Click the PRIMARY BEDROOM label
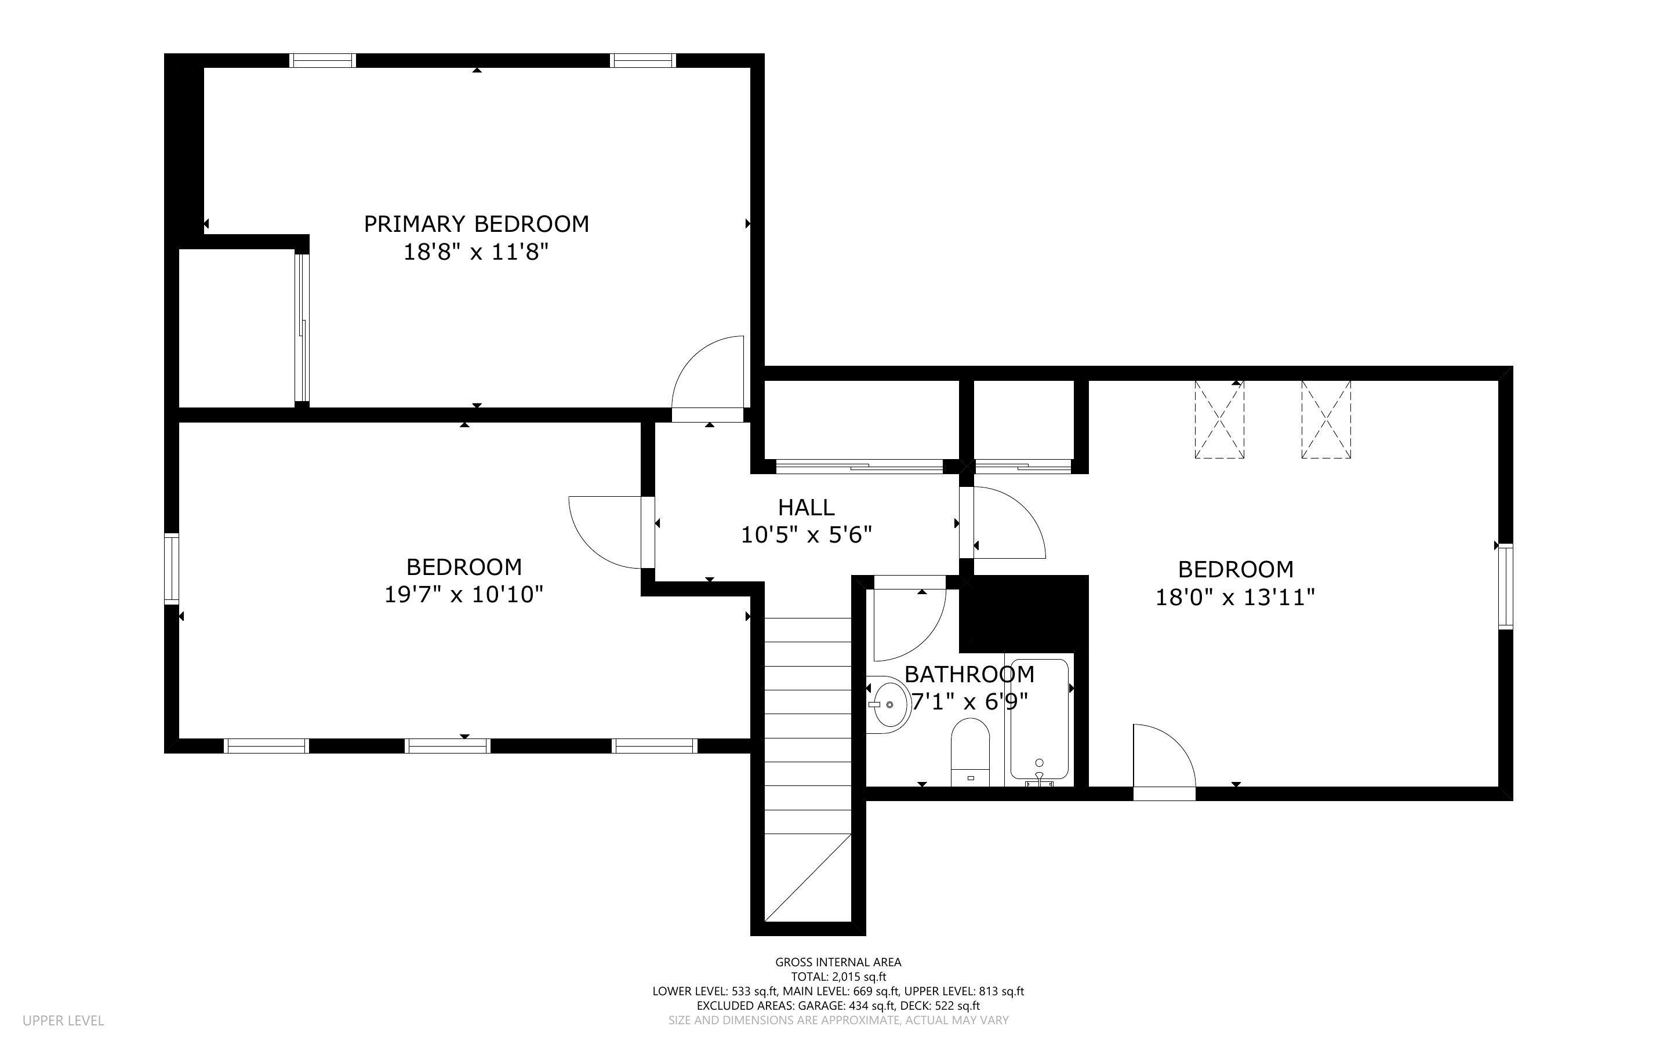coord(476,224)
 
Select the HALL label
coord(805,507)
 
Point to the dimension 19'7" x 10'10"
coord(463,595)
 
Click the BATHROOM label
coord(969,674)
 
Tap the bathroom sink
coord(888,704)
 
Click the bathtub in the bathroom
coord(1039,721)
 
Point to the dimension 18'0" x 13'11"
coord(1235,597)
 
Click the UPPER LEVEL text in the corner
coord(63,1020)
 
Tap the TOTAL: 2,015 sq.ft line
coord(838,977)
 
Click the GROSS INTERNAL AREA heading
coord(838,962)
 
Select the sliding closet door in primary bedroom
coord(302,328)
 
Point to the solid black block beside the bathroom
coord(1024,614)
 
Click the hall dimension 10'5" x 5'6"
coord(805,535)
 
